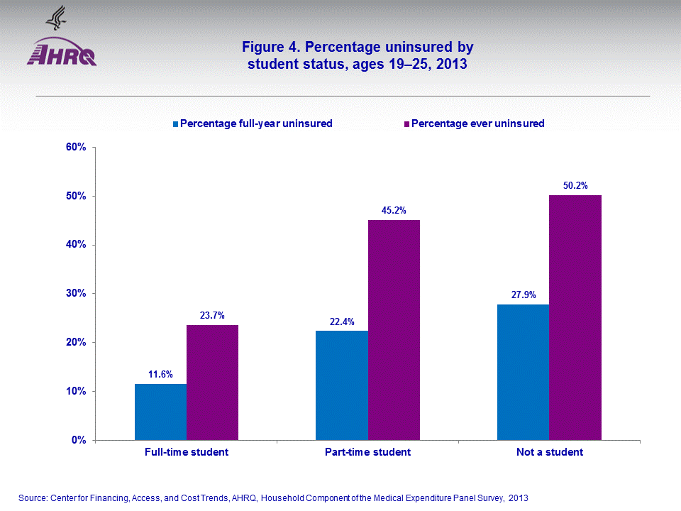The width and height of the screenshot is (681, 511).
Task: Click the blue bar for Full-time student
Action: (160, 412)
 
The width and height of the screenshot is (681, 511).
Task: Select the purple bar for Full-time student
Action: (212, 383)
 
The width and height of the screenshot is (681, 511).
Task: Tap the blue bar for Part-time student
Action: (341, 385)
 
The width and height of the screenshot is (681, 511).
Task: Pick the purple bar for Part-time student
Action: (394, 330)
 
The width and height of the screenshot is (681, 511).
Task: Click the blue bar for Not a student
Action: (523, 372)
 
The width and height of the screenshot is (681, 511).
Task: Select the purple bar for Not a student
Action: (575, 317)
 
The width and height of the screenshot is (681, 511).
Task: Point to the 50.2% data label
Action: (575, 185)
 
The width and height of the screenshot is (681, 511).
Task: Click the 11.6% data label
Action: (160, 374)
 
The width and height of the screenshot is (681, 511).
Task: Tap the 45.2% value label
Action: (394, 210)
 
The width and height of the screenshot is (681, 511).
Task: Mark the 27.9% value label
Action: (523, 295)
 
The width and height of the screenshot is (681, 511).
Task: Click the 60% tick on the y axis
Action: (76, 148)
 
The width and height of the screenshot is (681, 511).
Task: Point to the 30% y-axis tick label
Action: (76, 293)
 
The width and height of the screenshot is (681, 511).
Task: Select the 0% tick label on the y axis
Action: (79, 440)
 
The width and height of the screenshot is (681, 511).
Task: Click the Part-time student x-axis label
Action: (367, 452)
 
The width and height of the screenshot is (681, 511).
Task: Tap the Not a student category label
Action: (550, 452)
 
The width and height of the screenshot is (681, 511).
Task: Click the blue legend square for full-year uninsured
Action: (176, 124)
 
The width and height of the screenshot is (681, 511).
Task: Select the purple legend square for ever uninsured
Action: (406, 124)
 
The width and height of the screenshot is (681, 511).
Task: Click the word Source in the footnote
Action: (32, 498)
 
